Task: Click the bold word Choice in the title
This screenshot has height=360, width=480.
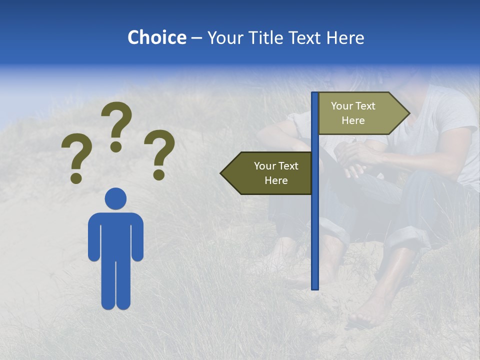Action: [156, 37]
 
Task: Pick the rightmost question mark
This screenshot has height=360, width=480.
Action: [159, 153]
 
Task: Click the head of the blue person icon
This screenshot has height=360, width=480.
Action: [115, 198]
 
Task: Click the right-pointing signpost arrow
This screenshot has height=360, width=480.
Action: [360, 113]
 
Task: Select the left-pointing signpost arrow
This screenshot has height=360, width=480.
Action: [270, 173]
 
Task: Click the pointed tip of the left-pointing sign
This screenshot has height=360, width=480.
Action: [222, 173]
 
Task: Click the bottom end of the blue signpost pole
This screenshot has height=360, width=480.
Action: [315, 287]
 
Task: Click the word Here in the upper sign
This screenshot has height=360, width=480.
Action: [353, 120]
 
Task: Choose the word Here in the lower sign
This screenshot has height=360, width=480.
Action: [276, 180]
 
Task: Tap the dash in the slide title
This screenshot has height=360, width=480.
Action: [196, 38]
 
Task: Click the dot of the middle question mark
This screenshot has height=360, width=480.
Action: [116, 146]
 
